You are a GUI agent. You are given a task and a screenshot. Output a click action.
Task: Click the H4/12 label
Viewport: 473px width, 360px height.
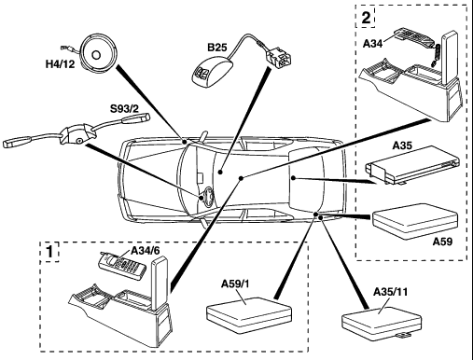click(x=61, y=64)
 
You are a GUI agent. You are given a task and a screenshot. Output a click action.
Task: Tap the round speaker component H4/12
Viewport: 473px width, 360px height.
click(x=96, y=53)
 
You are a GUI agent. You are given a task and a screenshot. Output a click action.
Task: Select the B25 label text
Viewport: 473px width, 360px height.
click(x=217, y=48)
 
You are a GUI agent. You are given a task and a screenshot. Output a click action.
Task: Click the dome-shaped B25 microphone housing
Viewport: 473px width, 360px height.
click(x=212, y=73)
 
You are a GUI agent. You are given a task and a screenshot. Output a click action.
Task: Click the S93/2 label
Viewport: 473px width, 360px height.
click(x=125, y=109)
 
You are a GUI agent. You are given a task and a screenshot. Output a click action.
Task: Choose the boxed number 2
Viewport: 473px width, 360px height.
click(x=366, y=18)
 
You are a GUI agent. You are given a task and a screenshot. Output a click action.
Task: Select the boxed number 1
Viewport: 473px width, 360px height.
click(x=49, y=252)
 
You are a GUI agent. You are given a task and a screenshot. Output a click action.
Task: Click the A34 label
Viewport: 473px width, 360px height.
click(x=372, y=44)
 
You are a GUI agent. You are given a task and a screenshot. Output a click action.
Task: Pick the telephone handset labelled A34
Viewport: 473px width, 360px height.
click(x=412, y=39)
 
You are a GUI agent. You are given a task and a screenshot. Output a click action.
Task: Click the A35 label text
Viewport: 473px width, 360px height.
click(x=402, y=145)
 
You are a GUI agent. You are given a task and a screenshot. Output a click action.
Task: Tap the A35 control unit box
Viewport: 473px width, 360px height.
click(x=412, y=165)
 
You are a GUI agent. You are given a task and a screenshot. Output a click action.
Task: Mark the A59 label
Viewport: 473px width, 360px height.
click(x=443, y=242)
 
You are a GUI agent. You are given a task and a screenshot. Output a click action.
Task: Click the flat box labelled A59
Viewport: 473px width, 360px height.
click(x=415, y=221)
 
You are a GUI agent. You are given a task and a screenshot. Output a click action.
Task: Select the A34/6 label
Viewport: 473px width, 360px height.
click(x=146, y=251)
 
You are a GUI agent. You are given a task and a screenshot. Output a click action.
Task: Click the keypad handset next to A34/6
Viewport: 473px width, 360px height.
click(x=121, y=266)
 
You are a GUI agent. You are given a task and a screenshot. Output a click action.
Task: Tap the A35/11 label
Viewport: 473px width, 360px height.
click(x=390, y=292)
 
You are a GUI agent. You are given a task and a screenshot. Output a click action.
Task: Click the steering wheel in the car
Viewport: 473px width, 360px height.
click(x=207, y=197)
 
